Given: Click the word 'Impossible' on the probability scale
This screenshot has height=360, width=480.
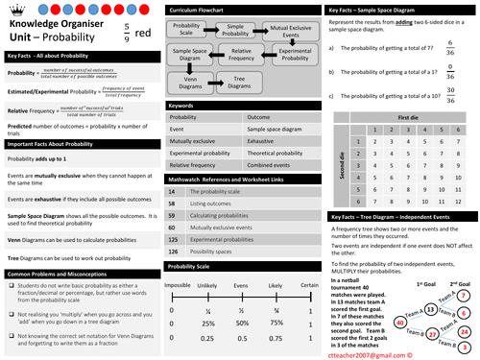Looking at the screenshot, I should (177, 285).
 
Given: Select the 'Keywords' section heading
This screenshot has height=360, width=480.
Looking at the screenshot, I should (181, 104).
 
